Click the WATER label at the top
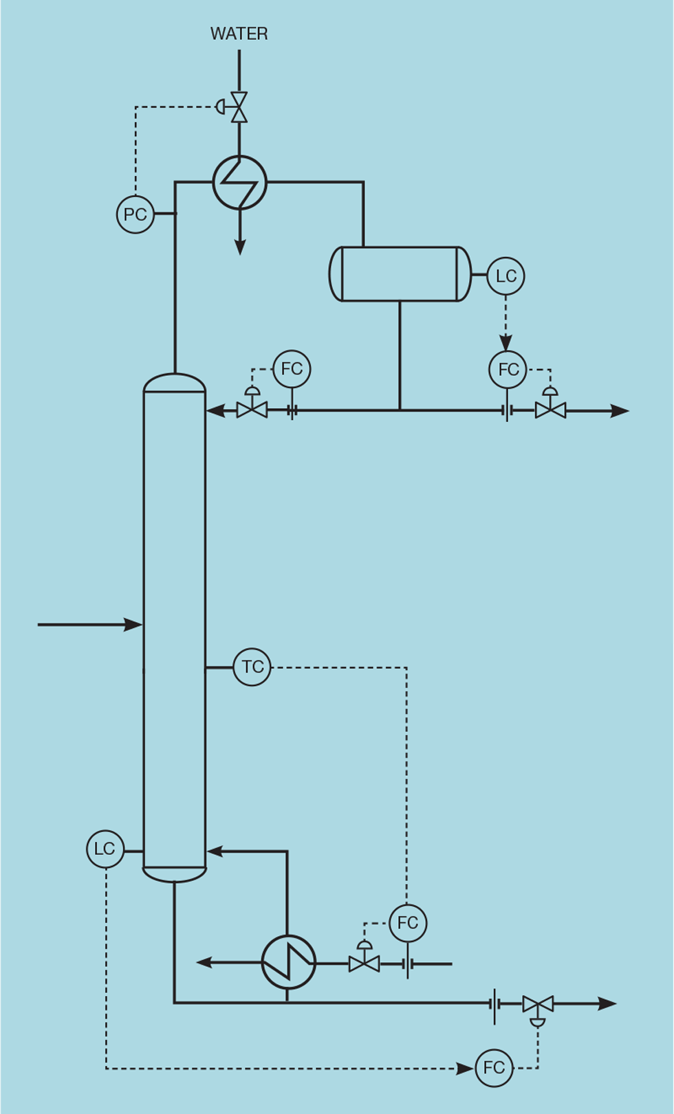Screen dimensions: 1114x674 (239, 34)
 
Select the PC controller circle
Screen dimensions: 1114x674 (135, 214)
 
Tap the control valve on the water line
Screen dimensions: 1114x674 (239, 107)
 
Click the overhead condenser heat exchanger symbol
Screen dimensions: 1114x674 (239, 182)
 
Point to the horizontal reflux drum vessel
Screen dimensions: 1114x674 (400, 274)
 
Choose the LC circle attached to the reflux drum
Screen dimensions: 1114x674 (505, 276)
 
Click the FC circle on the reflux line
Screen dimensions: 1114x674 (292, 369)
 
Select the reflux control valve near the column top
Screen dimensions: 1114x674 (252, 410)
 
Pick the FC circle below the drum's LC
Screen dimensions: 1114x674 (508, 370)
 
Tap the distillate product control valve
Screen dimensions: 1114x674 (550, 410)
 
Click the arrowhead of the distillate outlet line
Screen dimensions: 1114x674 (620, 411)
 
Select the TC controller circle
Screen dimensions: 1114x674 (252, 667)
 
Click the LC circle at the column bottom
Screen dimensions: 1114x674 (105, 849)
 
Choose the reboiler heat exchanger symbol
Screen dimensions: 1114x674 (288, 962)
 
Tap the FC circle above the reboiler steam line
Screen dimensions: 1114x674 (407, 923)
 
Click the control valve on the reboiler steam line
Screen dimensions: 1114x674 (364, 963)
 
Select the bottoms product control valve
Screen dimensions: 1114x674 (537, 1005)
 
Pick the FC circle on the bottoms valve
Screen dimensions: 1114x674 (494, 1068)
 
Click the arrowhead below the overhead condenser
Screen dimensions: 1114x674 (239, 247)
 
